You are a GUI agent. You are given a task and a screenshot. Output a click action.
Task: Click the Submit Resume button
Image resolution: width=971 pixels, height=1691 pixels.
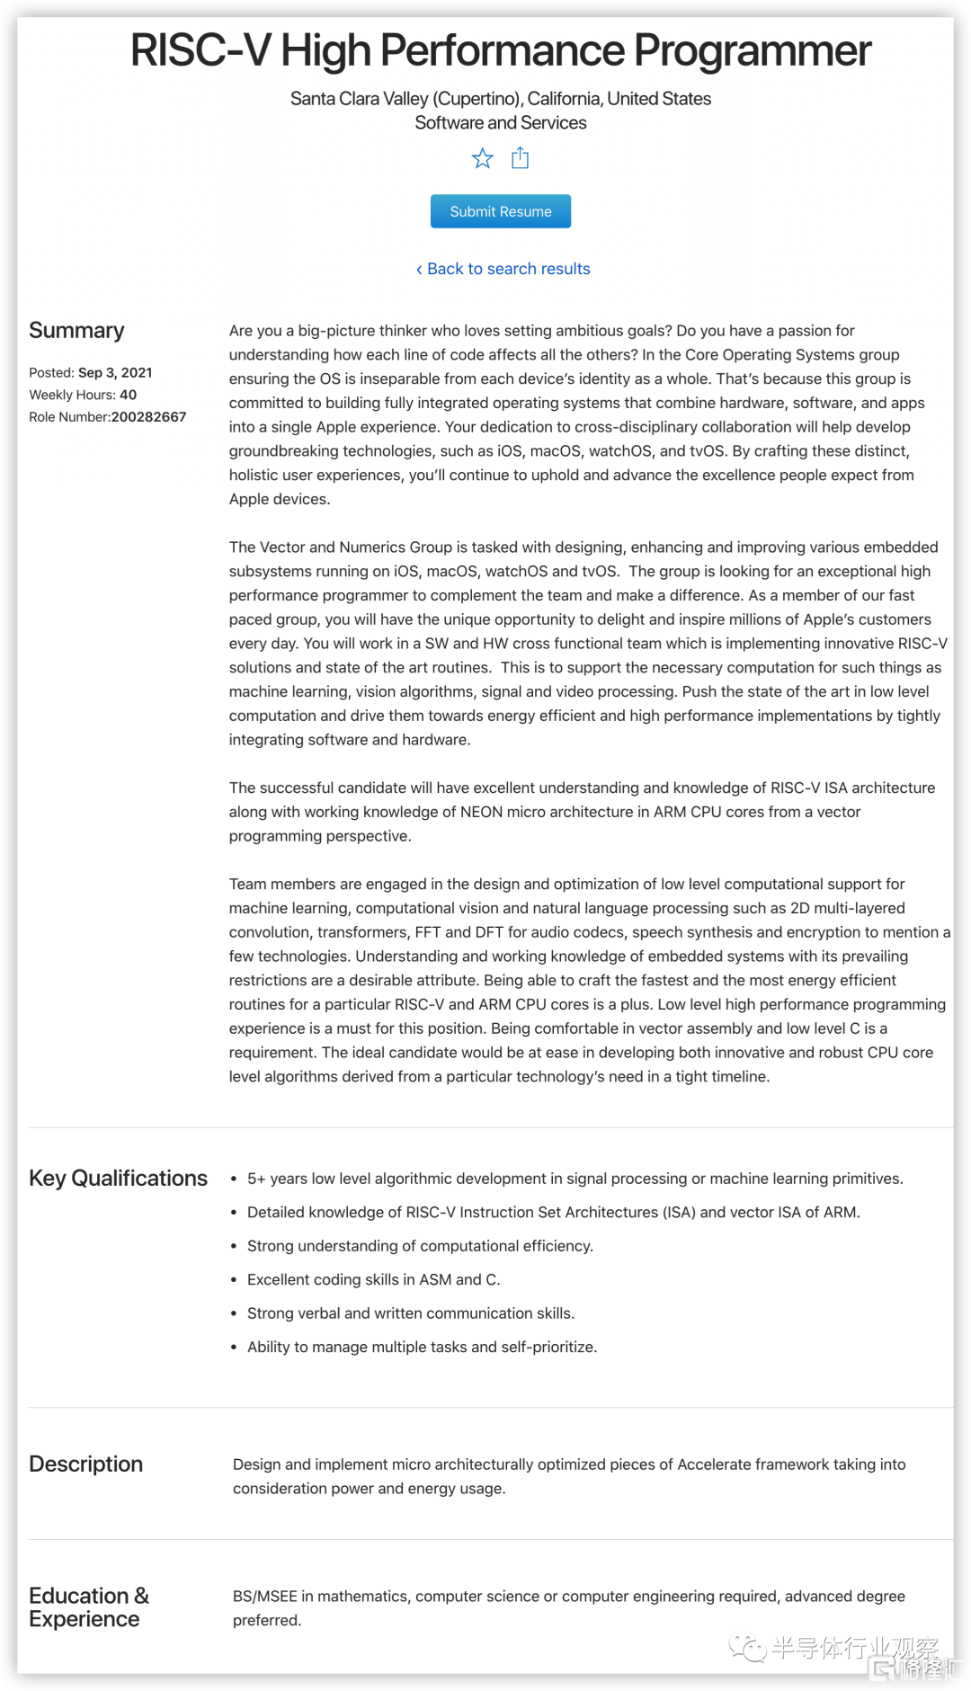(x=500, y=211)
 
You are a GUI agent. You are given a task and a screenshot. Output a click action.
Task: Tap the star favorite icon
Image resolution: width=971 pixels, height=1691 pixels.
(x=483, y=159)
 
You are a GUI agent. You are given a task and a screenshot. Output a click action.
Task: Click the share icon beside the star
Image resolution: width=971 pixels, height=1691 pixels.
(x=520, y=159)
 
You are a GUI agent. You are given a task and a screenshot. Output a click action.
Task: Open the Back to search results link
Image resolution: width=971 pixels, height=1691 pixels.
(x=503, y=269)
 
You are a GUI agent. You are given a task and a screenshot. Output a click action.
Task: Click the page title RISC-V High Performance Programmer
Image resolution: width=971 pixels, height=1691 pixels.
(x=501, y=51)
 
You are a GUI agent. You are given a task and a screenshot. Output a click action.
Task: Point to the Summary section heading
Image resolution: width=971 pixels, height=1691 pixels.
(x=76, y=331)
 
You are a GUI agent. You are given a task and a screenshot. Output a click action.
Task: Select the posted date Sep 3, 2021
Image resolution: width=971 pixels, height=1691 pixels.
(x=115, y=373)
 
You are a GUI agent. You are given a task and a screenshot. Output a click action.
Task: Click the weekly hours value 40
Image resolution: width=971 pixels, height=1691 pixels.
(x=129, y=395)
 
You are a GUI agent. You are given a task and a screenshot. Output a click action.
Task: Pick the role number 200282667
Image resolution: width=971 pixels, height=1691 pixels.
(x=148, y=417)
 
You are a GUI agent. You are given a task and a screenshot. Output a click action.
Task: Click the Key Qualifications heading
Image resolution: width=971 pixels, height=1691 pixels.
(x=118, y=1179)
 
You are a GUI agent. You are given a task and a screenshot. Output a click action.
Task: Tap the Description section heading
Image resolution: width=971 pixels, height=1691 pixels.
(x=85, y=1464)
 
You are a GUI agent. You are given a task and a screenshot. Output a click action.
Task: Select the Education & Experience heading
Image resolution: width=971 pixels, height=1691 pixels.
(x=88, y=1607)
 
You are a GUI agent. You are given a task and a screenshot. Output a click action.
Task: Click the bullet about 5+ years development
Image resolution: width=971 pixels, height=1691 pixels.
(x=575, y=1179)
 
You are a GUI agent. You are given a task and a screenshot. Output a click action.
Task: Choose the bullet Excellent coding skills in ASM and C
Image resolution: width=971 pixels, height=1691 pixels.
(x=373, y=1280)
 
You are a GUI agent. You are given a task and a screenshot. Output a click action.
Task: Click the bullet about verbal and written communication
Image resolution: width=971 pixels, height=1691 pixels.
(x=410, y=1313)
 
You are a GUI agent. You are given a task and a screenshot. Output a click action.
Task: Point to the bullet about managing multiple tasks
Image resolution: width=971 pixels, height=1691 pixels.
(x=422, y=1347)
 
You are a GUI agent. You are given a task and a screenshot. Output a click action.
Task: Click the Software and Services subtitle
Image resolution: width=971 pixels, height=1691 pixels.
(x=501, y=123)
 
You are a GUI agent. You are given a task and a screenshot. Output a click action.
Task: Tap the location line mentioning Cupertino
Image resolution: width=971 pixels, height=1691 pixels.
(x=501, y=99)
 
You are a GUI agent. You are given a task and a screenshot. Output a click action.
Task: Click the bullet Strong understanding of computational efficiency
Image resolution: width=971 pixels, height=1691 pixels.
(x=420, y=1246)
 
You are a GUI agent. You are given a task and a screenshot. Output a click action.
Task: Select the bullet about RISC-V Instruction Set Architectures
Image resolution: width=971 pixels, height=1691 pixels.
(x=553, y=1213)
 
